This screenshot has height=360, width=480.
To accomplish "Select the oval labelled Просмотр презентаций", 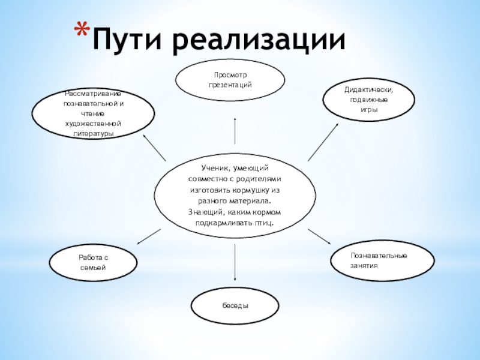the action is coord(230,80).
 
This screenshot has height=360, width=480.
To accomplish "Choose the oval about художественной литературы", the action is coord(93,113).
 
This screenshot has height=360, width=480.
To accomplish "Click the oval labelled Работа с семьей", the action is coord(93,262).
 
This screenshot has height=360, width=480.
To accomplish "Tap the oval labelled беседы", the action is coord(235,305).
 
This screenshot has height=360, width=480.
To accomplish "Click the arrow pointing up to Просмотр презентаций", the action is coord(235,131).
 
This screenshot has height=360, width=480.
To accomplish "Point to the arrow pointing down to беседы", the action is coord(235,258).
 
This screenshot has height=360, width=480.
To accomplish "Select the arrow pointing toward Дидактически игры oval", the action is coord(323,141).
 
